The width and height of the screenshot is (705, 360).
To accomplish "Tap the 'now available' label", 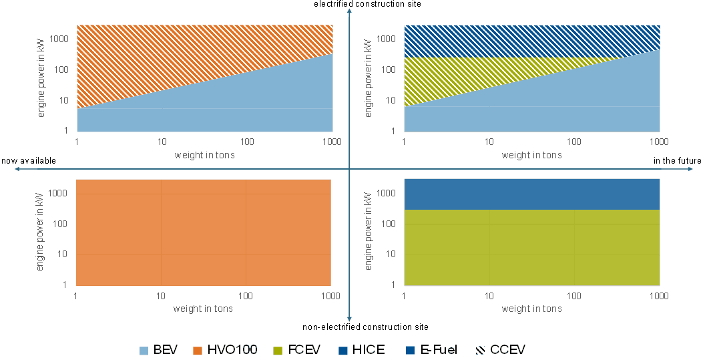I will click(x=28, y=161).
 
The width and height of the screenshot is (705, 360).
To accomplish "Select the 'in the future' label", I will click(x=677, y=161).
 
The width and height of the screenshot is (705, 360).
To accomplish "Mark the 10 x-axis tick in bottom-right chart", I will click(x=489, y=295).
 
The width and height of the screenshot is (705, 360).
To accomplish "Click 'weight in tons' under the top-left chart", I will click(x=204, y=156).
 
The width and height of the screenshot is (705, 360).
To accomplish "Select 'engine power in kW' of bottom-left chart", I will click(x=41, y=232).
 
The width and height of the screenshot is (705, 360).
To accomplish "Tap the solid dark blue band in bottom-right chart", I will click(x=531, y=194).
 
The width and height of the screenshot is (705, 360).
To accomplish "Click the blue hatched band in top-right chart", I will click(x=531, y=40).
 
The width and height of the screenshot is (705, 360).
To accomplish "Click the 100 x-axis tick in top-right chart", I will click(x=575, y=142).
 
